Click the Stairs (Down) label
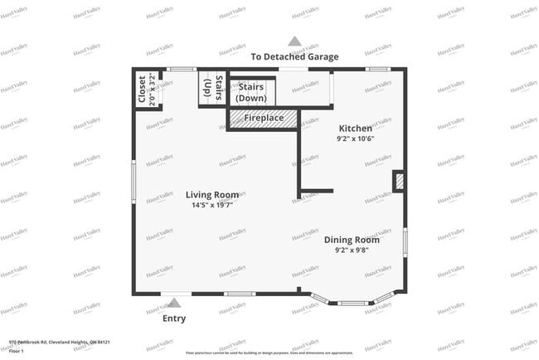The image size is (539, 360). (x=251, y=92)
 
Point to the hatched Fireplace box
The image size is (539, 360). (x=263, y=118)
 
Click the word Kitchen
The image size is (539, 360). (x=355, y=129)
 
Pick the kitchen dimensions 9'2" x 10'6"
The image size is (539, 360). (x=355, y=139)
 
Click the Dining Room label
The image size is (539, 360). (x=357, y=239)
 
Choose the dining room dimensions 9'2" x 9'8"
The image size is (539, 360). (x=357, y=250)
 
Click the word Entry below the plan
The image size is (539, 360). (x=174, y=319)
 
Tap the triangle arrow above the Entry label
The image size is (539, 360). (x=174, y=303)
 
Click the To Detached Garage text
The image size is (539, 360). (x=294, y=56)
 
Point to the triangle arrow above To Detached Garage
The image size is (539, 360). (x=294, y=41)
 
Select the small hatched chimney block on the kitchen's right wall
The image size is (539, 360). (x=398, y=180)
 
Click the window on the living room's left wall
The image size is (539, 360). (x=134, y=182)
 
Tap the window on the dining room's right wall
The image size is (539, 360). (x=405, y=241)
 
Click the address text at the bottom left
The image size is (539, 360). (x=60, y=341)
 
